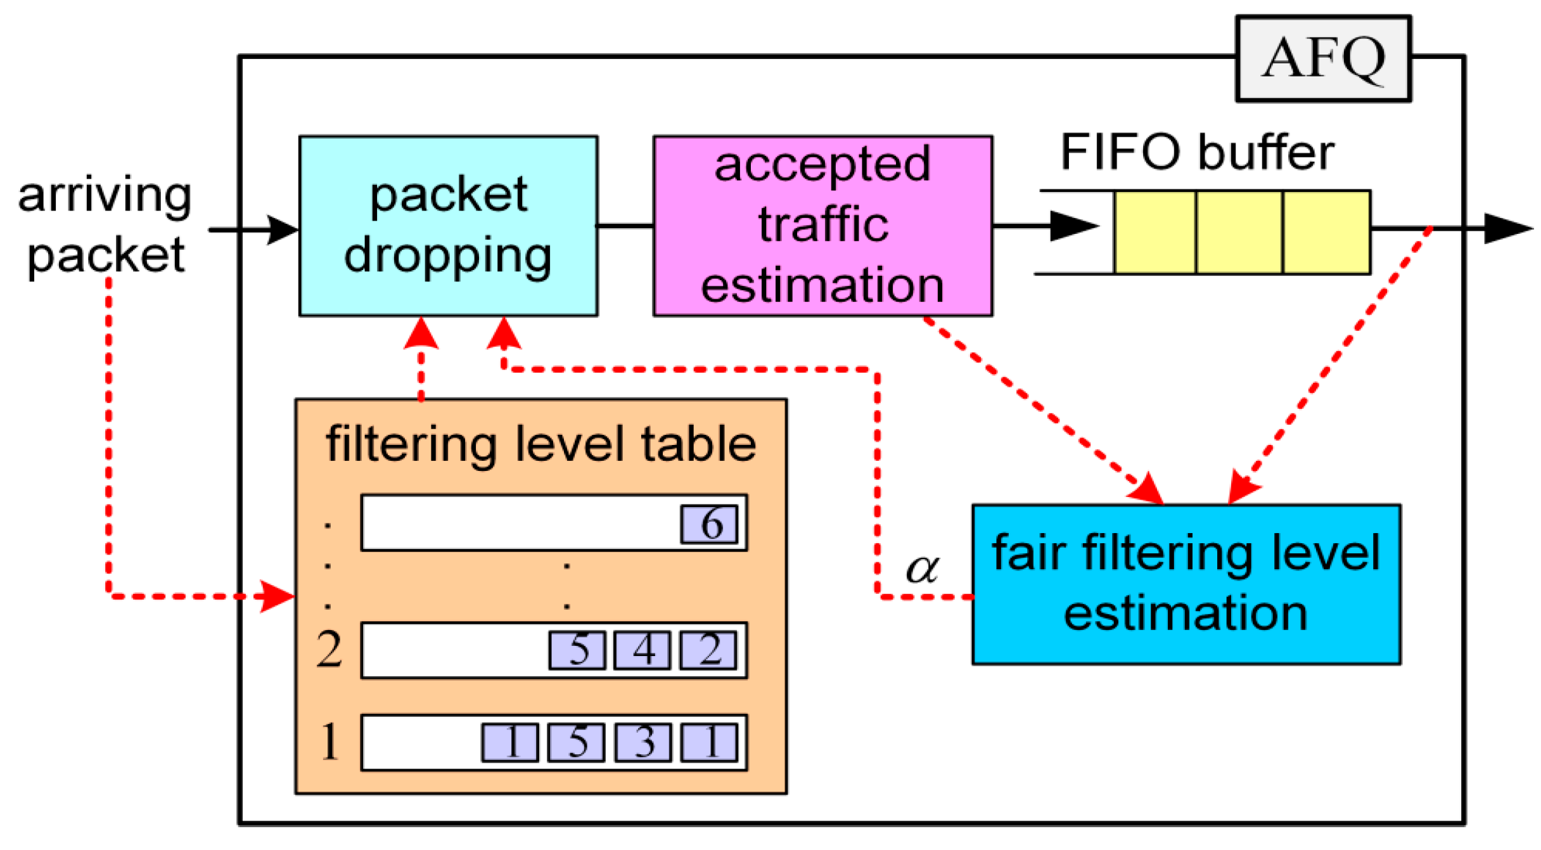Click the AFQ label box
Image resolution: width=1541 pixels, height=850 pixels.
1323,58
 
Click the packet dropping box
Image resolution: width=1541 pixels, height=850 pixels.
448,226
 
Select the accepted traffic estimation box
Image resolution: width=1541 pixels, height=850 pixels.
822,226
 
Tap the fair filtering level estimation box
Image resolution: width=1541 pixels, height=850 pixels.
1186,584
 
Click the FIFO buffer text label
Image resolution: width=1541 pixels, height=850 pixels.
1196,152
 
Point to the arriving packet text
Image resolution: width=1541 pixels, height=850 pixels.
105,225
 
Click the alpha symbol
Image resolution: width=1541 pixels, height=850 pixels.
922,568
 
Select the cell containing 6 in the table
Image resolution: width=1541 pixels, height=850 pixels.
709,524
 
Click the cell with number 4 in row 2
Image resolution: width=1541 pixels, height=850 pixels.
642,650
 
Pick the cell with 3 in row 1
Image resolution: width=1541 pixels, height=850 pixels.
643,742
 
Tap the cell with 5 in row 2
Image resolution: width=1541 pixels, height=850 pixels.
577,650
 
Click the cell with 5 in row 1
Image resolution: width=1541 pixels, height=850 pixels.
576,742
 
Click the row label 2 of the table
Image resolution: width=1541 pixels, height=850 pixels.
329,650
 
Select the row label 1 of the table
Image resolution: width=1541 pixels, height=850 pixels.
329,741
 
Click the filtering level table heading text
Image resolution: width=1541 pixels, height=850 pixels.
540,444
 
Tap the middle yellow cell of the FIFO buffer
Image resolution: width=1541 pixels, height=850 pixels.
1239,232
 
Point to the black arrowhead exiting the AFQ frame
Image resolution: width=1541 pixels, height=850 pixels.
1507,228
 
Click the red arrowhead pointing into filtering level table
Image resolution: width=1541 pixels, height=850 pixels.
278,596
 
